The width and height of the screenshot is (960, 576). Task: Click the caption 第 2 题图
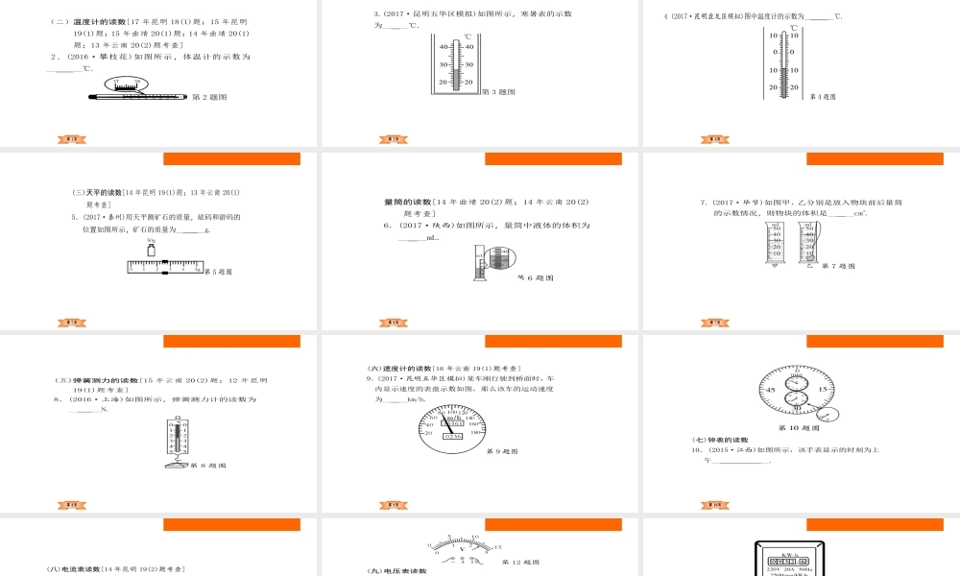tap(209, 97)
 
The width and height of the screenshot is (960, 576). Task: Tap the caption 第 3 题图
tap(498, 92)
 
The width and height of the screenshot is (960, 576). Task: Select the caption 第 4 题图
tap(823, 97)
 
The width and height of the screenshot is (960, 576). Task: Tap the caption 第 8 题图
tap(209, 466)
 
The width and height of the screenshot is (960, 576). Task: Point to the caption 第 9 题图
tap(501, 451)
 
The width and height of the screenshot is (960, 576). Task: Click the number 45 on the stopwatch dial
tap(771, 390)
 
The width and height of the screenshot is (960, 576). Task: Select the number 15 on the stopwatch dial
tap(823, 390)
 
